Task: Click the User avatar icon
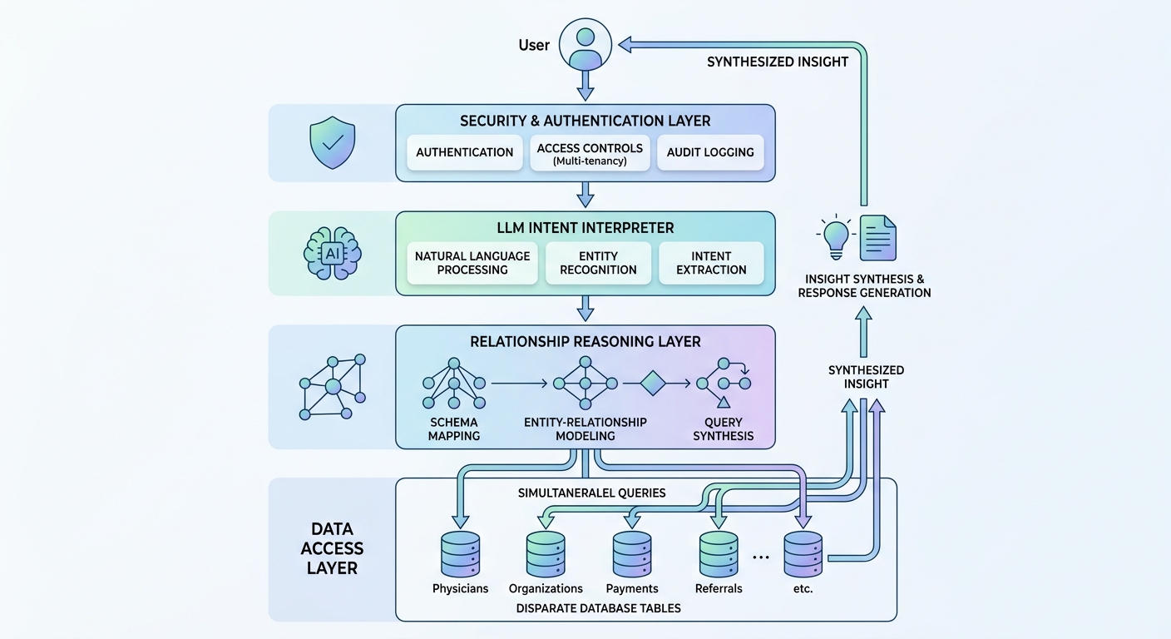585,44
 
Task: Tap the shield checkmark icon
332,143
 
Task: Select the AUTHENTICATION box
465,152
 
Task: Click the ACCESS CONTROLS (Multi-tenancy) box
590,153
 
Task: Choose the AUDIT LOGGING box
709,152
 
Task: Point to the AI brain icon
332,253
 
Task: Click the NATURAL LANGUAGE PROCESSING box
472,263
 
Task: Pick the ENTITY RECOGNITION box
598,263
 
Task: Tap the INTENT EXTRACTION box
711,263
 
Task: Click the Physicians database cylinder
460,554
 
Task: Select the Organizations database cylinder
546,554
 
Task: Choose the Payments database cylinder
632,554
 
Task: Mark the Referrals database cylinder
719,554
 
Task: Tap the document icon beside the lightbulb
877,237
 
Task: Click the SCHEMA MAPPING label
454,429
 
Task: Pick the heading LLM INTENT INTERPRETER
585,227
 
